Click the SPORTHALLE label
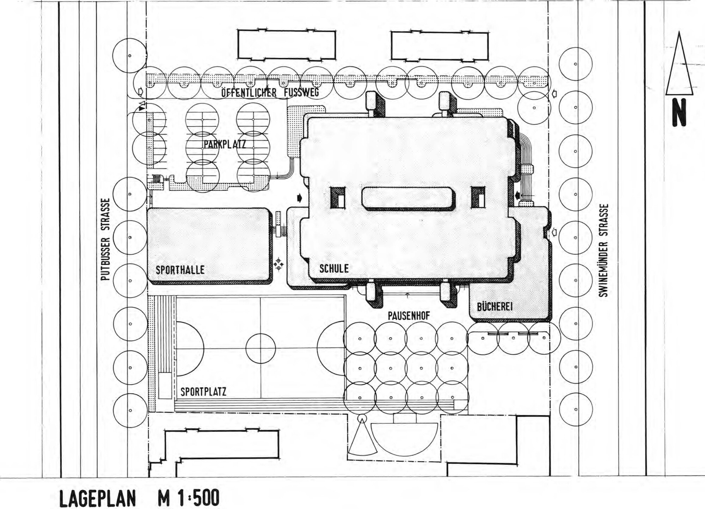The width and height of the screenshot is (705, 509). [x=180, y=270]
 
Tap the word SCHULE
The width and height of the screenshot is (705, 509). [x=334, y=269]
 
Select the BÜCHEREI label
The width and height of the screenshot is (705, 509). [x=495, y=307]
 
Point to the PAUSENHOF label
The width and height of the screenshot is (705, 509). [x=409, y=316]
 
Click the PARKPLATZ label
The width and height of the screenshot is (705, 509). [x=225, y=144]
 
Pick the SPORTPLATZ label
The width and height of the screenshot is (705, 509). [x=203, y=392]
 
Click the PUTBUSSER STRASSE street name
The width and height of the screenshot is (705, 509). [x=105, y=239]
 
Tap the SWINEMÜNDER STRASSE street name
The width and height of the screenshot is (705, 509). [x=603, y=250]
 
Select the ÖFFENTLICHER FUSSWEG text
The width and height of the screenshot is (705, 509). [x=270, y=93]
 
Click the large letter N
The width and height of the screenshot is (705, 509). [x=679, y=112]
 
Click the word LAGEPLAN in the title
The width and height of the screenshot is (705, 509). [x=98, y=498]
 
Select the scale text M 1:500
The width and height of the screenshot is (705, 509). [x=189, y=498]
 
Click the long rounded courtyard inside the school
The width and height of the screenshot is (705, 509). [x=408, y=199]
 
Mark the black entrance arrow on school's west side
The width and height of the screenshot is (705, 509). [x=300, y=198]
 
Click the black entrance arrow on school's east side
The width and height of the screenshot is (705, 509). [x=517, y=195]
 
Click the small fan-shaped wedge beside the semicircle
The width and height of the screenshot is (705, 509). [x=362, y=437]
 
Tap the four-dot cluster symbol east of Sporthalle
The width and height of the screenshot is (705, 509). [x=278, y=264]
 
